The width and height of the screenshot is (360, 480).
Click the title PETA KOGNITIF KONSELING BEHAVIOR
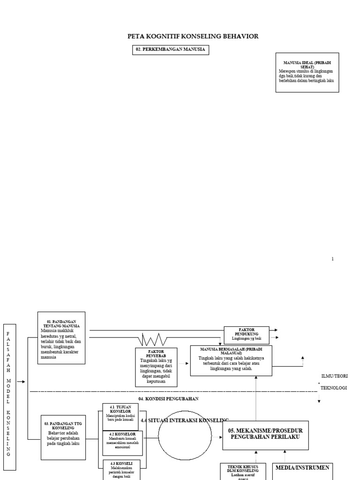tap(193, 36)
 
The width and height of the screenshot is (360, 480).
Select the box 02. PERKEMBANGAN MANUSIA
tap(171, 50)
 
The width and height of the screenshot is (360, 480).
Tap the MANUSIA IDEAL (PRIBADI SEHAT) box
tap(307, 72)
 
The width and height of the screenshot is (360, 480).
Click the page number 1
tap(333, 259)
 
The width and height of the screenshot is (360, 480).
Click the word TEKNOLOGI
tap(333, 388)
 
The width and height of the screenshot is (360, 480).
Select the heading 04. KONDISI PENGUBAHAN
tap(168, 398)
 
